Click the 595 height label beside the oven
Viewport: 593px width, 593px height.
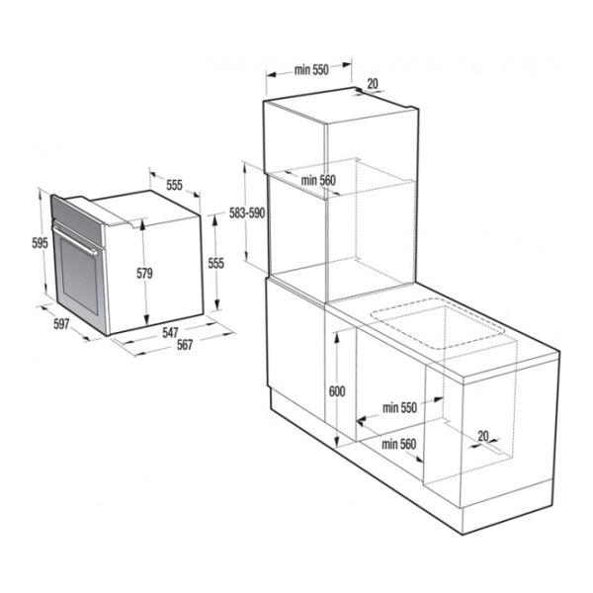(39, 244)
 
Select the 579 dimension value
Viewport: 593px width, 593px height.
(145, 274)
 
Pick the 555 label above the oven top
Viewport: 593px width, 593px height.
(175, 186)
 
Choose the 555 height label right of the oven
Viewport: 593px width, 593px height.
(217, 263)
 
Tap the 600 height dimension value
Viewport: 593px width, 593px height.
(337, 391)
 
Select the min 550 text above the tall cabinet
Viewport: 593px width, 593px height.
(310, 71)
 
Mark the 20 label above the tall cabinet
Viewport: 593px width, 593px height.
(374, 84)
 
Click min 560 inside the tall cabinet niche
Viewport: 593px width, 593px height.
(319, 180)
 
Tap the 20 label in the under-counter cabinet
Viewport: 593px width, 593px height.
(483, 435)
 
